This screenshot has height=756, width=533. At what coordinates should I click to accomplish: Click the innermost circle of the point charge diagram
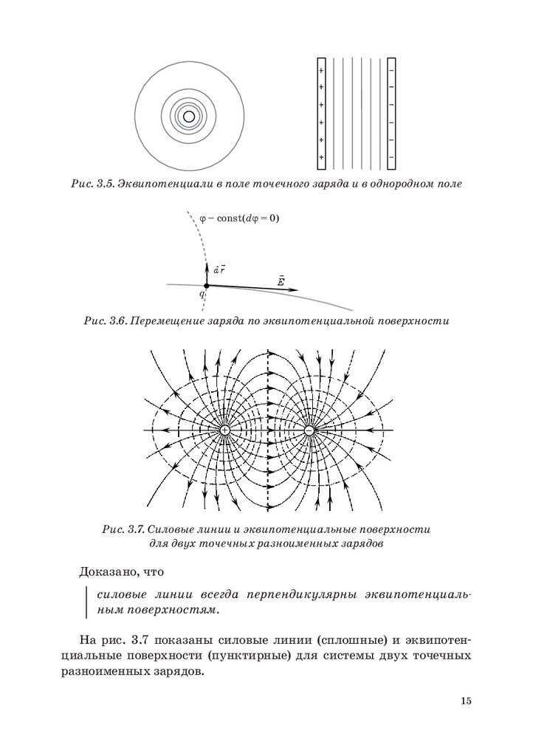coord(189,116)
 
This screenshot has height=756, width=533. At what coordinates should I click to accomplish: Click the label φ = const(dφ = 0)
coord(239,219)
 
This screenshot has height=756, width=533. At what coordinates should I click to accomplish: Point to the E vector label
coord(281,281)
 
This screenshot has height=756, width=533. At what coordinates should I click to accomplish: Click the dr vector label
coord(219,270)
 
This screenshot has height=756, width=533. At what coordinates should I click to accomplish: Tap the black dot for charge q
coord(206,285)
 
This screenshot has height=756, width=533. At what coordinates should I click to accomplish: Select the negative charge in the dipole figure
coord(309,430)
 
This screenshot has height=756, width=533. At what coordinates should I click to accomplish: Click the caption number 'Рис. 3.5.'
coord(93,183)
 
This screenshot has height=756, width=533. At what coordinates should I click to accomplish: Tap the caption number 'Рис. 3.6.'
coord(106,321)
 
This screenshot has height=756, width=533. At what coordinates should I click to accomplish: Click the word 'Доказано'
coord(109,571)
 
